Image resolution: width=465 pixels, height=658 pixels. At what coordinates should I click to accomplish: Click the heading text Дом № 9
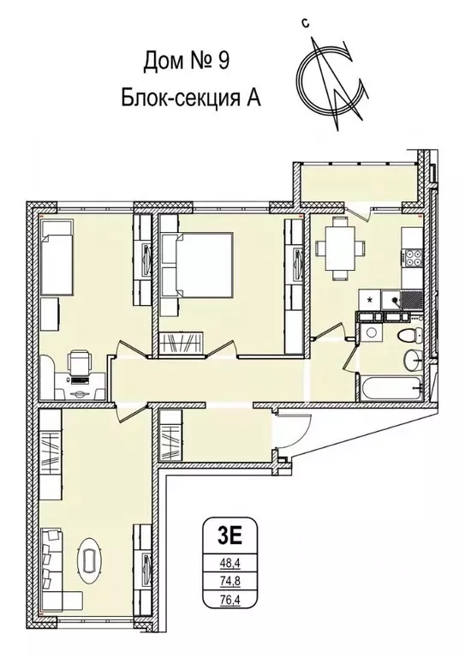point(184,62)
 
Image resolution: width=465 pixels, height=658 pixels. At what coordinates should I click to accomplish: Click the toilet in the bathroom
point(408,332)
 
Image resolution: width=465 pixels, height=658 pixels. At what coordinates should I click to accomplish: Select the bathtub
point(390,386)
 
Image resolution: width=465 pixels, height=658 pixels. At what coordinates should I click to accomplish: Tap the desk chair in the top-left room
point(80,364)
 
